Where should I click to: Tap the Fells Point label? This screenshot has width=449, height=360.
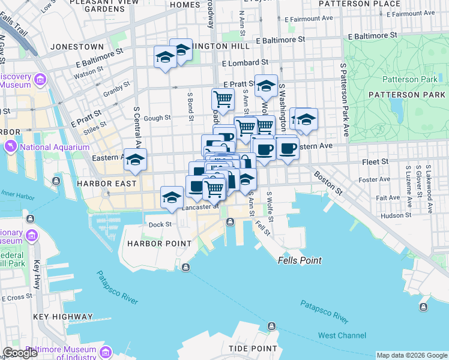(x=300, y=260)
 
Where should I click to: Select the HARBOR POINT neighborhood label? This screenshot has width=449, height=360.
(x=159, y=244)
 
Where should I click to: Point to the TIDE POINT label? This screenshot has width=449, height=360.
(x=253, y=348)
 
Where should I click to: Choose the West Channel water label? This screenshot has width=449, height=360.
(x=342, y=335)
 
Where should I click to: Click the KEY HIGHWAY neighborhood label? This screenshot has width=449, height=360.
(x=63, y=316)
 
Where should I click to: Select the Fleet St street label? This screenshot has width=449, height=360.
(x=376, y=162)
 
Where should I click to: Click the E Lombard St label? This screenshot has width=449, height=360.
(x=244, y=63)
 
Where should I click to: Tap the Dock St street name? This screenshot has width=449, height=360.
(x=160, y=224)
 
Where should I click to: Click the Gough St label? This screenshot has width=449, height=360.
(x=158, y=118)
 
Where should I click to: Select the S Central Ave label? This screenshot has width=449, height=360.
(x=137, y=128)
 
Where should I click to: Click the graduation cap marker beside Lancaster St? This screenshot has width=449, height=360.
(x=172, y=197)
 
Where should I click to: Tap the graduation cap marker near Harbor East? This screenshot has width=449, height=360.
(x=135, y=160)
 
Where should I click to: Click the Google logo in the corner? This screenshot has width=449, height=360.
(x=20, y=353)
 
